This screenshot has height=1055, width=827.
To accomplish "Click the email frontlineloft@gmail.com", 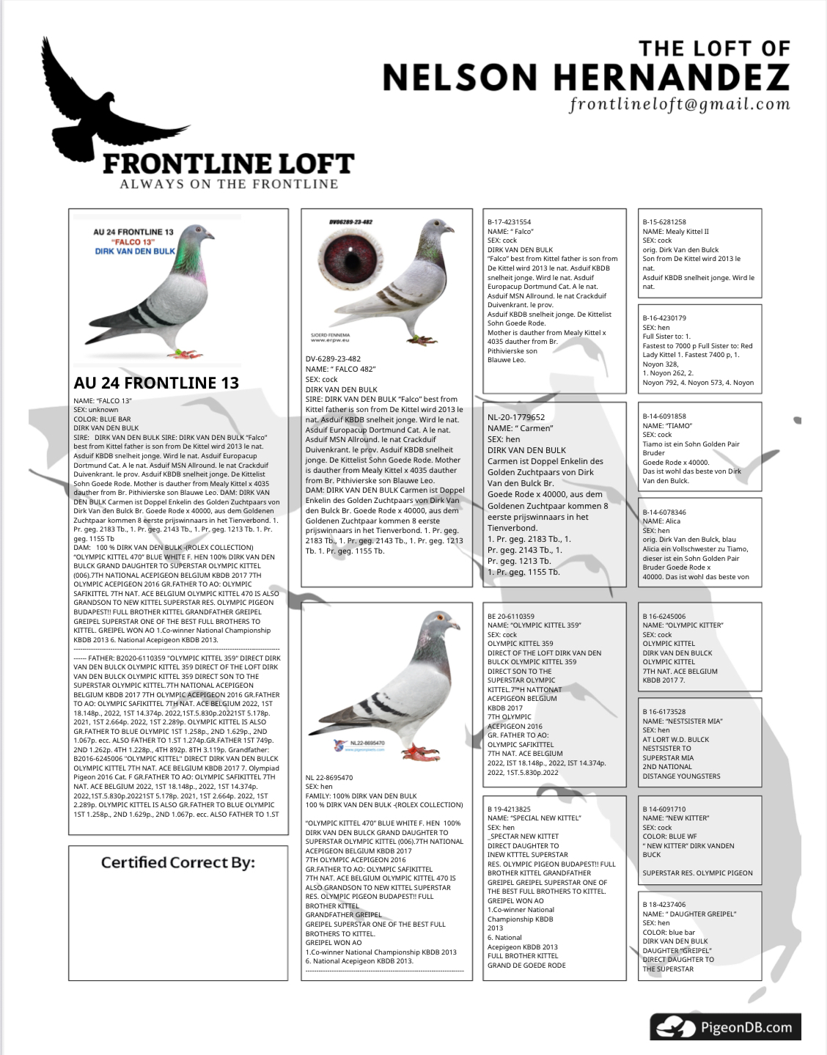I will [x=680, y=104].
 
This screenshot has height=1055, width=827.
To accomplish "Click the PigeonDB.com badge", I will [x=725, y=1026].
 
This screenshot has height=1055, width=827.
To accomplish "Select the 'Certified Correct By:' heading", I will [x=178, y=862].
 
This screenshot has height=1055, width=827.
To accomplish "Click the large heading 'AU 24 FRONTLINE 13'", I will [x=156, y=383].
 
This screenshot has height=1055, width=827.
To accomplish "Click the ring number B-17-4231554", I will [x=510, y=222].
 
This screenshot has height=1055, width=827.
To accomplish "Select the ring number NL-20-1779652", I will [x=516, y=417].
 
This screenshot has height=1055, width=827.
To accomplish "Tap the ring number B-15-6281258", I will [x=664, y=222].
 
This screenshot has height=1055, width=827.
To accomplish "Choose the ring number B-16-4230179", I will [x=664, y=318].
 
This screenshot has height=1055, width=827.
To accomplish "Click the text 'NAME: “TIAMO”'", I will [x=667, y=425].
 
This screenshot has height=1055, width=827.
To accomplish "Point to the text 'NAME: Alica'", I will [x=661, y=521].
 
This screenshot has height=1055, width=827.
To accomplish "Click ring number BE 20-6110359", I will [x=511, y=617].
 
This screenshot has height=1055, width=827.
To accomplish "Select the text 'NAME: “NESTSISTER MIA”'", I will [x=683, y=721].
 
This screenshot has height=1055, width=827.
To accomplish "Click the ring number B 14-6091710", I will [x=664, y=809].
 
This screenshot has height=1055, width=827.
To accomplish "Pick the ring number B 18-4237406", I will [x=664, y=905].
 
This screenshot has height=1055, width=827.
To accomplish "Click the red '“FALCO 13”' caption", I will [x=133, y=242].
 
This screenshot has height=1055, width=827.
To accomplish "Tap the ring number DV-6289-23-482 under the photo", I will [x=333, y=359].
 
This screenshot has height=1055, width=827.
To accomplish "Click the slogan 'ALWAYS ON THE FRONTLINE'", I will [x=229, y=184].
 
